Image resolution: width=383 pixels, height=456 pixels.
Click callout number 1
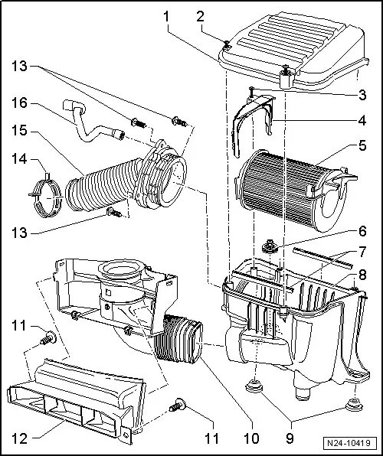coord(166,17)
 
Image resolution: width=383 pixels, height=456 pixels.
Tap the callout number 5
coord(362,145)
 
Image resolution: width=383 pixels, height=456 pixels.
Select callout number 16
coord(19,103)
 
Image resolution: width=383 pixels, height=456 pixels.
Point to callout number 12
coord(19,438)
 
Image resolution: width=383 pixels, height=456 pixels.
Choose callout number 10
coord(252,438)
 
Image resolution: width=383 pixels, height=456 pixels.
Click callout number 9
coord(290,438)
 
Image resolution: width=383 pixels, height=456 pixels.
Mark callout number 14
coord(19,159)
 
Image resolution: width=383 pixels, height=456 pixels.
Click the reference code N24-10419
coord(349,443)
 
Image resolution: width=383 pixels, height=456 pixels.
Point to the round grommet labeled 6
coord(269,247)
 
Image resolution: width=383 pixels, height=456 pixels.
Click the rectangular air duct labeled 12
coord(76,402)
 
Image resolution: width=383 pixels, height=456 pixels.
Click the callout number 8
coord(362,275)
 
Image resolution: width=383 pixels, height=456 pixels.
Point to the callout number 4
coord(362,120)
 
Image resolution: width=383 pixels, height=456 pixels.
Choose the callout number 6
coord(362,232)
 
